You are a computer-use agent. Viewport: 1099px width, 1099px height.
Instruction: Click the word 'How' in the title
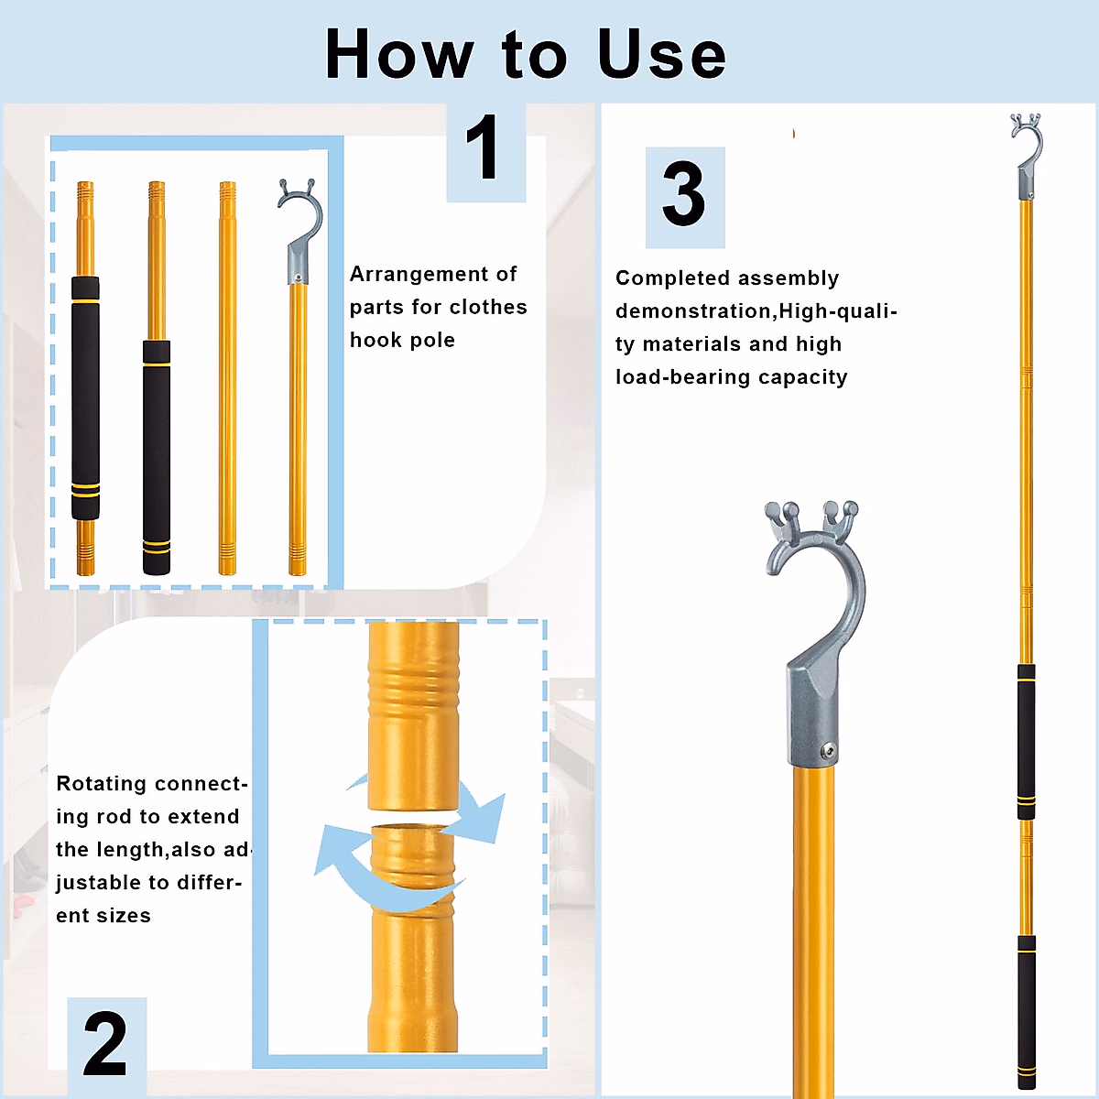point(398,54)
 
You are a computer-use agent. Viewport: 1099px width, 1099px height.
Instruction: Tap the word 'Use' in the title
point(661,54)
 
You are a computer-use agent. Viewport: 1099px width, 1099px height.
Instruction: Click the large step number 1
point(483,147)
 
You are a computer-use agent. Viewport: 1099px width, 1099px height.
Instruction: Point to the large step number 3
point(683,194)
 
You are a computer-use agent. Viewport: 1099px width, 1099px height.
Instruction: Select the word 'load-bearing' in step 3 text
point(682,377)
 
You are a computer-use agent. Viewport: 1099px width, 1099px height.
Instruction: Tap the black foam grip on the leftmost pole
point(85,398)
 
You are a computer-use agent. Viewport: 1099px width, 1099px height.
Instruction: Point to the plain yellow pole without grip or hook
point(227,377)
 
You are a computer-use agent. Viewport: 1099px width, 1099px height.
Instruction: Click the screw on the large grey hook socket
point(828,751)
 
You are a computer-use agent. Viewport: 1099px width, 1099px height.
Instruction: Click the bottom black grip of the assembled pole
point(1026,1012)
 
